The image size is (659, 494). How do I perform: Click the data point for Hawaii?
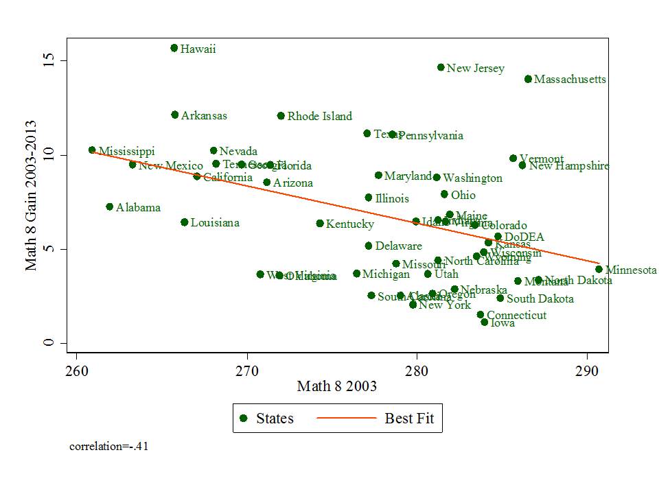click(x=174, y=48)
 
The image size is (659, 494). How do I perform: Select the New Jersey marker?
click(x=441, y=67)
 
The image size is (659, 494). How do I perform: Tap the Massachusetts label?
click(x=570, y=80)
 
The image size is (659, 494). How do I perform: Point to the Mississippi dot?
click(x=92, y=150)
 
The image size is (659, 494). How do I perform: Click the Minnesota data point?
click(x=599, y=270)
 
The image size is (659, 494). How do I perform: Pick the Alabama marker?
click(x=109, y=207)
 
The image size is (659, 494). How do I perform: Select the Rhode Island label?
click(x=319, y=117)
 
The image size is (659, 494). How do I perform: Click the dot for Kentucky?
click(x=320, y=224)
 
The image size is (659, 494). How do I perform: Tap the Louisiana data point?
click(x=184, y=222)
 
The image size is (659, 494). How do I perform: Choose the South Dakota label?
click(x=540, y=299)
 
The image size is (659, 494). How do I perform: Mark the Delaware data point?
click(x=369, y=246)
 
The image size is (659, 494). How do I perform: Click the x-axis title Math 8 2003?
click(x=336, y=387)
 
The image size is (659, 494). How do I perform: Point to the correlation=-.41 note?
click(x=109, y=447)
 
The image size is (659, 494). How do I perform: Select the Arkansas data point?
click(x=175, y=115)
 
